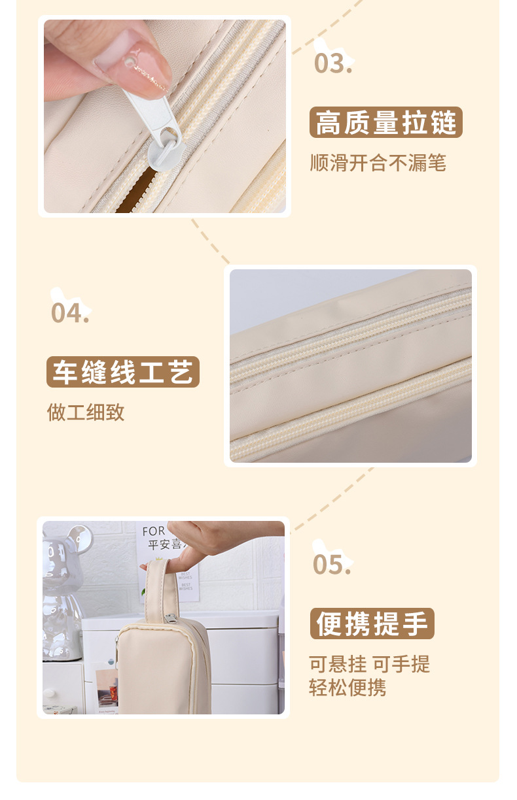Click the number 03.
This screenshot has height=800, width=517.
(x=333, y=63)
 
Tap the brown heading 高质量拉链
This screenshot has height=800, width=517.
(x=385, y=123)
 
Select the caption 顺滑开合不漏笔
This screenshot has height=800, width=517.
(x=378, y=163)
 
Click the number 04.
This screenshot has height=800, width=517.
(x=70, y=313)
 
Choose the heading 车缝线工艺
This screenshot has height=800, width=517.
(x=122, y=373)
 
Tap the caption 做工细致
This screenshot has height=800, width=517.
(x=86, y=412)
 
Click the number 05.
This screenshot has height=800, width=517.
(x=332, y=564)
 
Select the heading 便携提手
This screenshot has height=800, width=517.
(x=372, y=624)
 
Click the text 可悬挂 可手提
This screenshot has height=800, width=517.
(x=370, y=664)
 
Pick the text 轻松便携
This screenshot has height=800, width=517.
(x=348, y=688)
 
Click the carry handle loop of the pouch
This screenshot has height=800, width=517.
(x=156, y=588)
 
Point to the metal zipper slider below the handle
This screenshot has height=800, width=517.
(x=171, y=620)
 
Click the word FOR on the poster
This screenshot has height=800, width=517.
(x=154, y=531)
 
